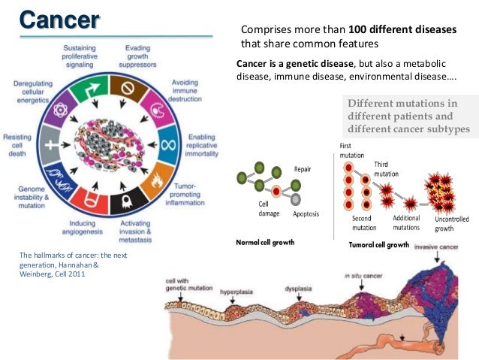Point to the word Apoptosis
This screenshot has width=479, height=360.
click(306, 214)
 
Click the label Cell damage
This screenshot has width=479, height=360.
click(263, 209)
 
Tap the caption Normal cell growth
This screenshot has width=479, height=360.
click(265, 243)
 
